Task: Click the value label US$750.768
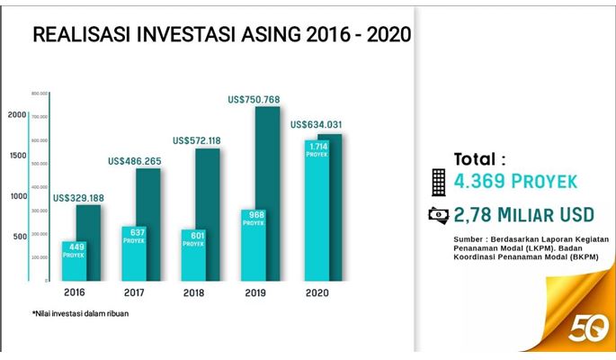click(x=256, y=100)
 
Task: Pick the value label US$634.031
click(x=316, y=125)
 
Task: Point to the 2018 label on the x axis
click(x=194, y=292)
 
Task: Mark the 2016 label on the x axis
click(x=75, y=292)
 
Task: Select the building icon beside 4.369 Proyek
click(x=438, y=182)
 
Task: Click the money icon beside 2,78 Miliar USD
click(x=438, y=214)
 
